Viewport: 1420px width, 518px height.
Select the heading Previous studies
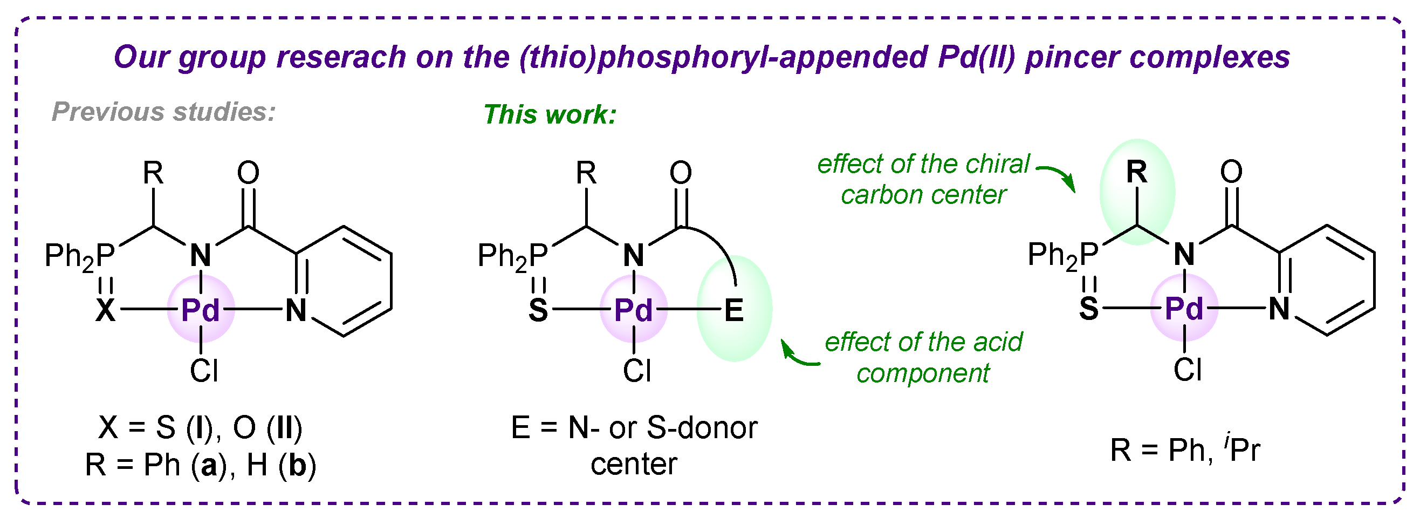164,112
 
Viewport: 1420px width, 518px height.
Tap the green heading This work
550,115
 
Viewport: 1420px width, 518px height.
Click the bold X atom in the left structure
106,310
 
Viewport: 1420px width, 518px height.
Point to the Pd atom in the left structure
201,310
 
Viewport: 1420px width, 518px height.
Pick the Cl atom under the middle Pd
637,371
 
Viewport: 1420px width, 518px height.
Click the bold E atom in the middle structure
734,310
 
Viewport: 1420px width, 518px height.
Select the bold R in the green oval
1137,173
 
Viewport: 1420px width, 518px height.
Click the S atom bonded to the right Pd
1089,309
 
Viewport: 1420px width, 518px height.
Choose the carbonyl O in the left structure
248,173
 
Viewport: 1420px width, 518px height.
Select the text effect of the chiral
923,164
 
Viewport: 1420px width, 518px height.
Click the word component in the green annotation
923,373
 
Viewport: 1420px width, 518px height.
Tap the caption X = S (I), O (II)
201,427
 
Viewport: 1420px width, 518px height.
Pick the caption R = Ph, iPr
1185,450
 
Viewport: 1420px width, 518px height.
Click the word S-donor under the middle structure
702,427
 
